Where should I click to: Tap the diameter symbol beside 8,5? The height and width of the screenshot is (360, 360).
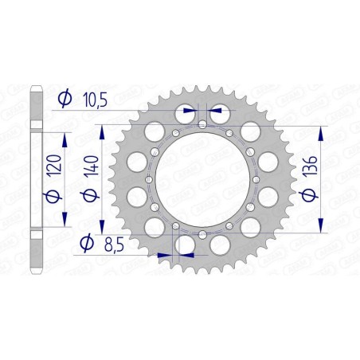point(84,243)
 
